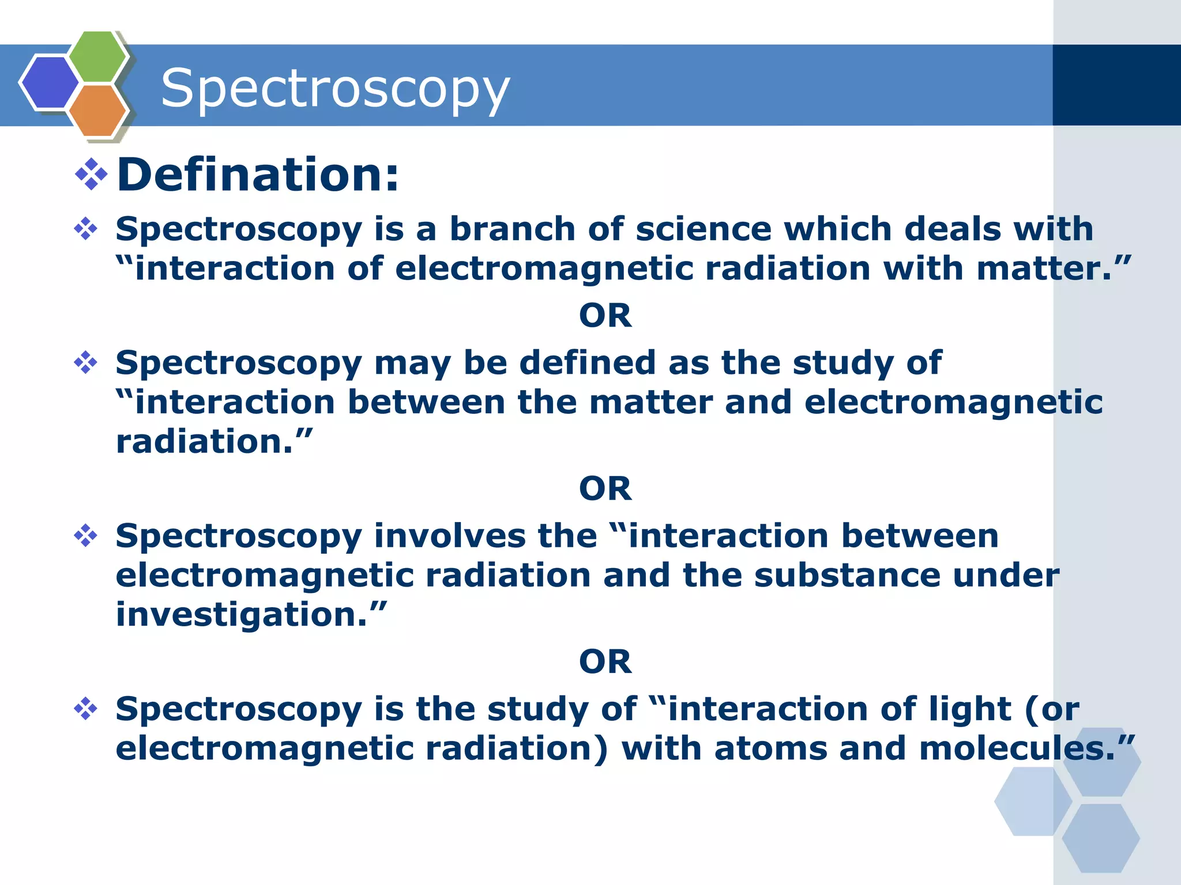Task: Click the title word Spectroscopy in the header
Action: [335, 88]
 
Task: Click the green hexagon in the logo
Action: [98, 56]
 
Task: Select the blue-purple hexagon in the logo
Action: [50, 82]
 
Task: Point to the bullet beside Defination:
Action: [91, 174]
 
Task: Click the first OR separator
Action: [605, 316]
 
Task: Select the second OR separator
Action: [605, 489]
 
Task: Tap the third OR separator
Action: [605, 661]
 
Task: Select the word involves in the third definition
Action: [450, 536]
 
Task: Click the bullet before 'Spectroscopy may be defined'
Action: [85, 363]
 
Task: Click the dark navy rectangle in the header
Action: [1116, 85]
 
